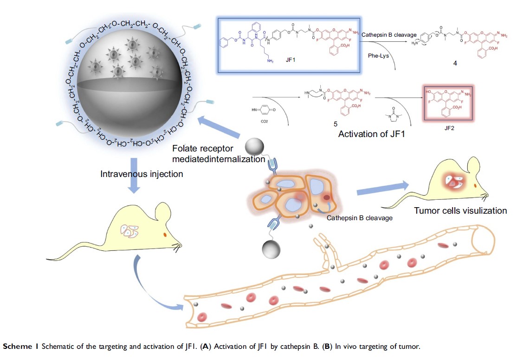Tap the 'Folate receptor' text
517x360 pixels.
[202, 149]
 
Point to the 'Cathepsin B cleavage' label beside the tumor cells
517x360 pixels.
[359, 217]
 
